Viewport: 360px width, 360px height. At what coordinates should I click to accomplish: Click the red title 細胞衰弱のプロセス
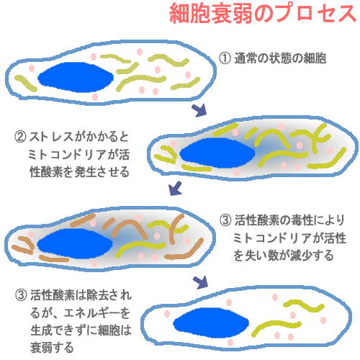tap(263, 14)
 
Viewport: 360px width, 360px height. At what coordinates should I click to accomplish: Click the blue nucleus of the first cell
tap(76, 77)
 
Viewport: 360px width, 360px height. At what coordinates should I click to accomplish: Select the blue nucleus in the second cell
tap(217, 153)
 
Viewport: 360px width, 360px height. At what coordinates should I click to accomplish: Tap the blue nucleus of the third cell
tap(75, 243)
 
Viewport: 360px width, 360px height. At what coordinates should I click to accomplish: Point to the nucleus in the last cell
tap(211, 323)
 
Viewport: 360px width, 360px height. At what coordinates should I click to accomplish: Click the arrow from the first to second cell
tap(199, 110)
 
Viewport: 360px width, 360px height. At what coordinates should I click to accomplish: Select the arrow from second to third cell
tap(175, 189)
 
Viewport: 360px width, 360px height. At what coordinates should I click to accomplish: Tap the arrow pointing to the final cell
tap(201, 282)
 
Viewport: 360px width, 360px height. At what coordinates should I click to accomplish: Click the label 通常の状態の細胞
tap(280, 58)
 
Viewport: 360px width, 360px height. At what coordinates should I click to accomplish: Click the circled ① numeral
tap(225, 58)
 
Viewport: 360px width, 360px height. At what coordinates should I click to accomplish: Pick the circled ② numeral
tap(20, 137)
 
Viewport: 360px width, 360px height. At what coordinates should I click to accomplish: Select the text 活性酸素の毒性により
tap(289, 220)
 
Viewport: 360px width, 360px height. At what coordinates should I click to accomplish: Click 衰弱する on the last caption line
tap(52, 348)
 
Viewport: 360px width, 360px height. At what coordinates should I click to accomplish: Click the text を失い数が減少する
tap(284, 256)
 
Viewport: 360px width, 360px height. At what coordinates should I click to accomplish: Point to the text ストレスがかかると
tap(79, 137)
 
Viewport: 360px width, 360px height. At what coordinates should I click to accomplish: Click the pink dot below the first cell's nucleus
tap(95, 97)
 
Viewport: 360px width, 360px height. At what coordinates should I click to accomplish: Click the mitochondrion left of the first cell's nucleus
tap(26, 83)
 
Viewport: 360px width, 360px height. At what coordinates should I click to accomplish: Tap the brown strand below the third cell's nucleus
tap(54, 258)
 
